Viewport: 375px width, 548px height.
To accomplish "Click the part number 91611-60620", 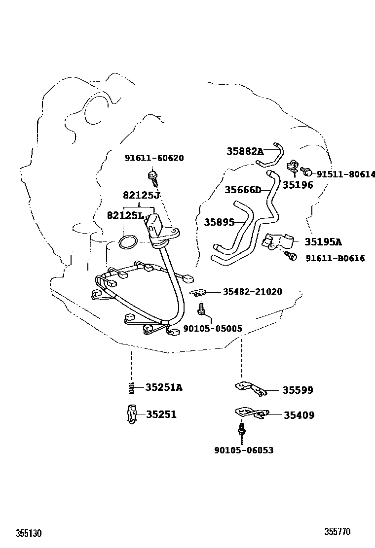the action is coord(154,158).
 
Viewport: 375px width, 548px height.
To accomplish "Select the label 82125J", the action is coord(141,195).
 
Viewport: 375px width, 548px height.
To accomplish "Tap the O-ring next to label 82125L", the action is coord(127,242).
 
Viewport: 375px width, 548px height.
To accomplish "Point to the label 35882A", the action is coord(245,151).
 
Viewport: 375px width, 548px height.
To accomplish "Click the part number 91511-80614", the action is coord(345,174).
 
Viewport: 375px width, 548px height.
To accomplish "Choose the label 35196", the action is coord(298,185).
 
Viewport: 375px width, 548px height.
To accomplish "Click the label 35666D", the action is coord(243,190).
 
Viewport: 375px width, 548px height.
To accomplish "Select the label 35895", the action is coord(220,222).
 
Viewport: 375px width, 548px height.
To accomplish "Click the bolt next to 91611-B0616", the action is coord(291,256).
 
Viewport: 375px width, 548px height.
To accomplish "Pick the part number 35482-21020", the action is coord(252,291).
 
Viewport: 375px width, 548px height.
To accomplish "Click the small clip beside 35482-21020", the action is coord(198,292).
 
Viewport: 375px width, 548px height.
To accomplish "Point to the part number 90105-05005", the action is coord(213,329).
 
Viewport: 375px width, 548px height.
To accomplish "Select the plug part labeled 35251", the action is coord(132,414).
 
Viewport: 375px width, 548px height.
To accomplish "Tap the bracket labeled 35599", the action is coord(251,388).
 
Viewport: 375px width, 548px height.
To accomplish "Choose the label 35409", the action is coord(299,415).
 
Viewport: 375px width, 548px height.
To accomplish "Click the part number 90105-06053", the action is coord(244,450).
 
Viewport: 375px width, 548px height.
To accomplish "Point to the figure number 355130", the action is coord(29,533).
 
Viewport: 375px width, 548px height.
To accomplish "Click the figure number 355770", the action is coord(337,532).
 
